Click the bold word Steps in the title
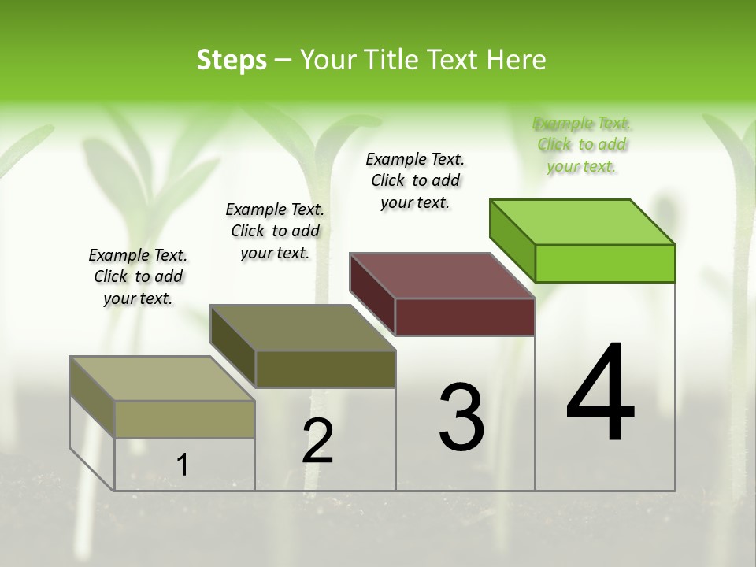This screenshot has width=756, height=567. point(232,60)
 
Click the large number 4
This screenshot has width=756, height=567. point(601,394)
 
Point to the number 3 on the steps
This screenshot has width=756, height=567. point(461,417)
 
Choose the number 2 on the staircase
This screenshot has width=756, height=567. point(318,441)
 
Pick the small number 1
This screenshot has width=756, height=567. point(183,465)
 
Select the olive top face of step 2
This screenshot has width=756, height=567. point(302,328)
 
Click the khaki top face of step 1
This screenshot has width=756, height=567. point(162,379)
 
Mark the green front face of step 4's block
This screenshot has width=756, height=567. point(605,263)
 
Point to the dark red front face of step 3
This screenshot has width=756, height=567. point(465,317)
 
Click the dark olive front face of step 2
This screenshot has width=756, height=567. point(325,369)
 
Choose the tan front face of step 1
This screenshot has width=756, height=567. point(184,419)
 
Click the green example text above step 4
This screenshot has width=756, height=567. point(582,145)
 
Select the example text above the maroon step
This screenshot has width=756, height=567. point(415,180)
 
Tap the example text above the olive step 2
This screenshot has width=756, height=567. point(275,231)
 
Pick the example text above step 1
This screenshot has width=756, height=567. point(138,276)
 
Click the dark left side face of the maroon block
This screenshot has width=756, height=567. point(372,293)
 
